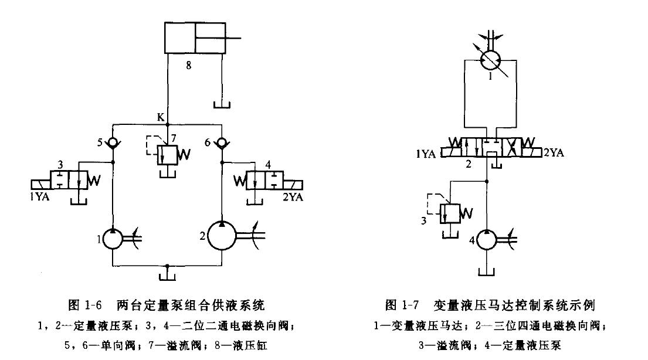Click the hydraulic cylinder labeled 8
click(195, 38)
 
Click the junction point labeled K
click(168, 125)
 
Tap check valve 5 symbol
click(113, 142)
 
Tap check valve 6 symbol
click(222, 142)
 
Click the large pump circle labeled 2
click(222, 236)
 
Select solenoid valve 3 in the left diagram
click(69, 181)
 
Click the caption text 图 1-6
click(88, 304)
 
